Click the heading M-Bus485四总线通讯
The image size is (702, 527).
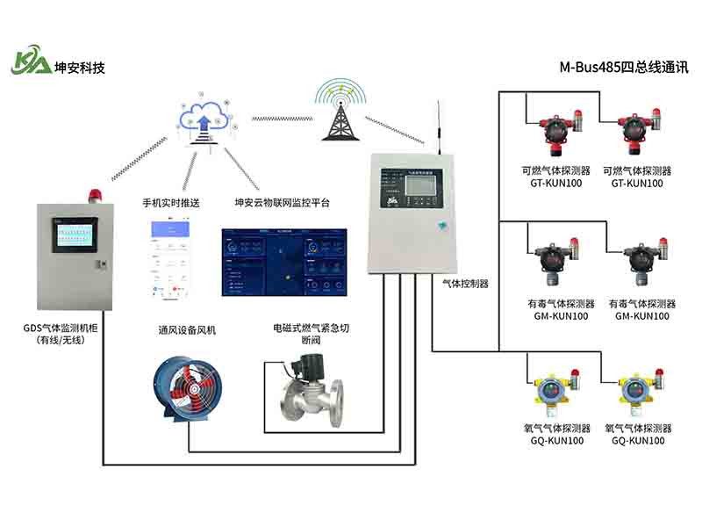(624, 67)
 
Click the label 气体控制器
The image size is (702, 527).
(465, 284)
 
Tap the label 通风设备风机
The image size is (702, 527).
(186, 330)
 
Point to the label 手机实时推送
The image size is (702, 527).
(171, 203)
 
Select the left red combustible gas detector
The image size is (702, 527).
(556, 134)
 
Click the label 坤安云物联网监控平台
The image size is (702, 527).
(282, 203)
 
